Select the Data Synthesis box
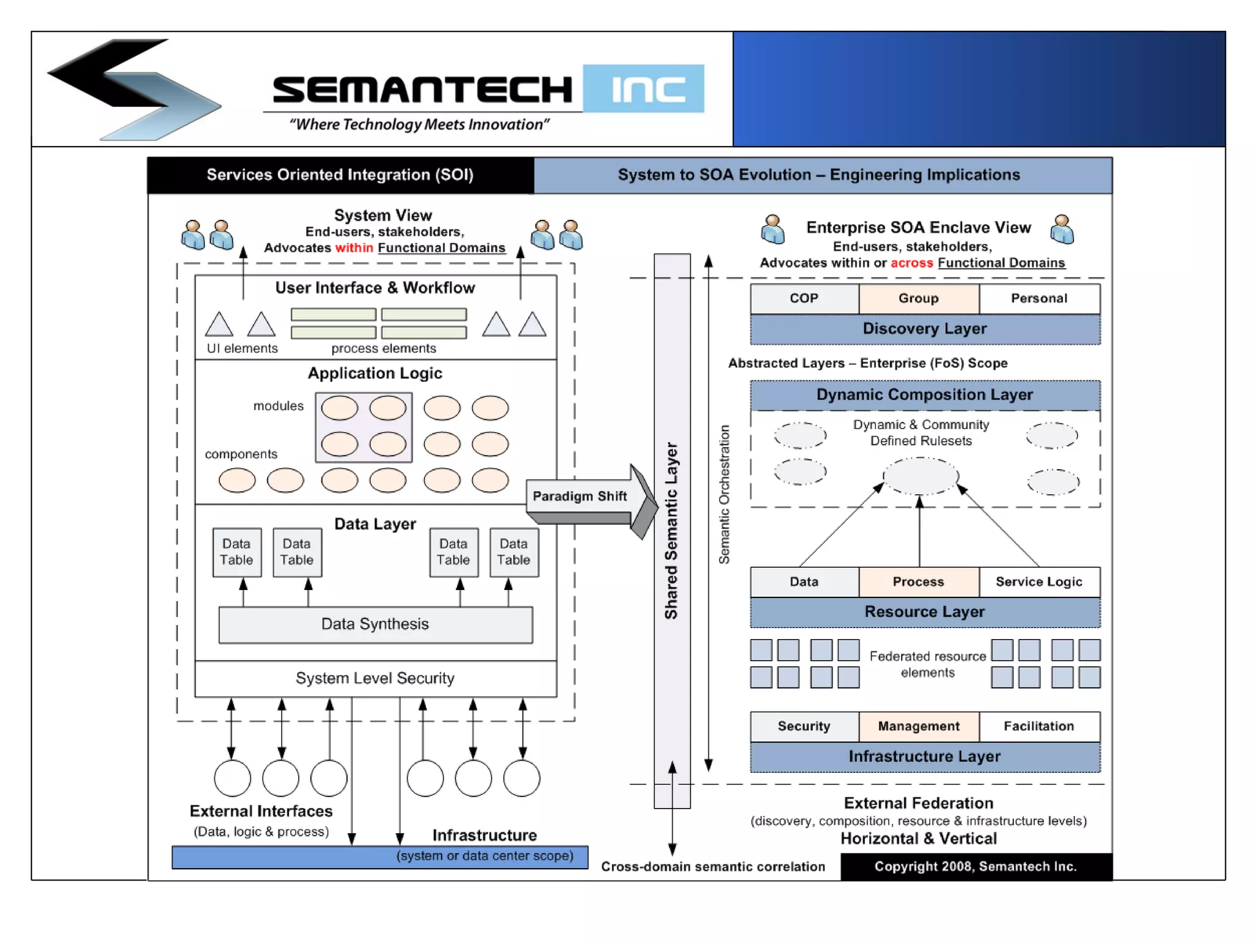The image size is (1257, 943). pyautogui.click(x=375, y=624)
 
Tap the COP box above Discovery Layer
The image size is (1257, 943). pyautogui.click(x=803, y=298)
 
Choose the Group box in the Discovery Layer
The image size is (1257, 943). pyautogui.click(x=918, y=298)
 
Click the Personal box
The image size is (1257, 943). pyautogui.click(x=1038, y=298)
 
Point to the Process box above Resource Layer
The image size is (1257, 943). pyautogui.click(x=918, y=582)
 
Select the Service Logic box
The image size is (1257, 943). pyautogui.click(x=1038, y=582)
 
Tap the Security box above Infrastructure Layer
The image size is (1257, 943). pyautogui.click(x=803, y=726)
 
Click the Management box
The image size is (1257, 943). pyautogui.click(x=918, y=726)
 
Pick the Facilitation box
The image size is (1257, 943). pyautogui.click(x=1038, y=726)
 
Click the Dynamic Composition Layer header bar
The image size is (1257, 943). pyautogui.click(x=924, y=395)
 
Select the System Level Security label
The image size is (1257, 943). pyautogui.click(x=375, y=678)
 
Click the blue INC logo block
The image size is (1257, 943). pyautogui.click(x=643, y=88)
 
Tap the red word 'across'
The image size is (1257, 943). pyautogui.click(x=911, y=263)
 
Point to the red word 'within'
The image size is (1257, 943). pyautogui.click(x=354, y=248)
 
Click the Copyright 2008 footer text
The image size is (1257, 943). pyautogui.click(x=975, y=866)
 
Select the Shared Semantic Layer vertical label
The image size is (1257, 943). pyautogui.click(x=671, y=531)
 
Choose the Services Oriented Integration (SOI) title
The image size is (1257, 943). pyautogui.click(x=340, y=175)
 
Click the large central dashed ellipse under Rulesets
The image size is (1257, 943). pyautogui.click(x=920, y=476)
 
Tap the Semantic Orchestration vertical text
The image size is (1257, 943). pyautogui.click(x=724, y=494)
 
